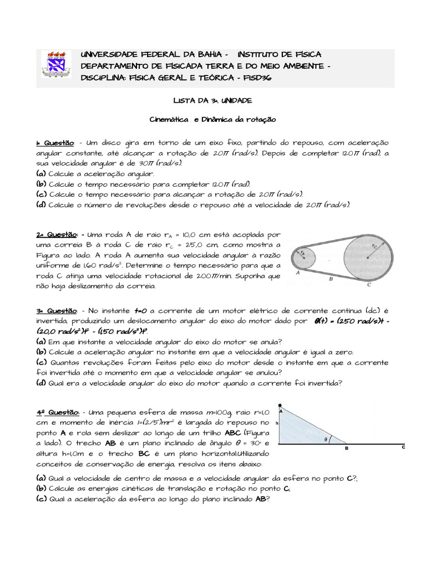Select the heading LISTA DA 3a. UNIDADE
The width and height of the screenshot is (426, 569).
point(213,101)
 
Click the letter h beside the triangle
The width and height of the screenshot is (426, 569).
point(276,423)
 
